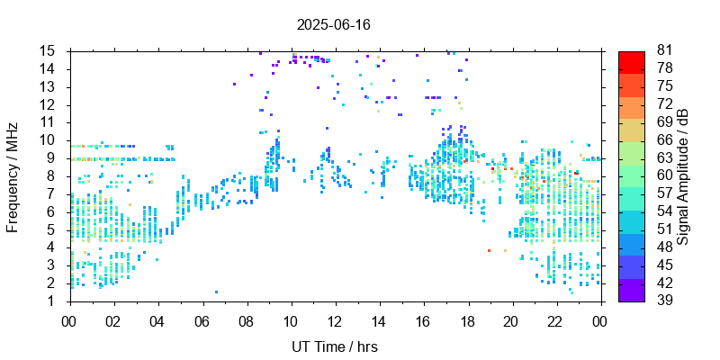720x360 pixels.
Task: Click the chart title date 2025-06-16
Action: (x=333, y=24)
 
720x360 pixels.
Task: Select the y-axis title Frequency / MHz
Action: (x=13, y=175)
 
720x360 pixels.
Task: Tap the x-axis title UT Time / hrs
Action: (x=335, y=346)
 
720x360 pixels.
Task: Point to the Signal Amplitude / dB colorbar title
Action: (x=684, y=175)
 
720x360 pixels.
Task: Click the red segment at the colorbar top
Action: (x=631, y=60)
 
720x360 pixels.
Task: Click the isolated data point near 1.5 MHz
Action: (x=216, y=292)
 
